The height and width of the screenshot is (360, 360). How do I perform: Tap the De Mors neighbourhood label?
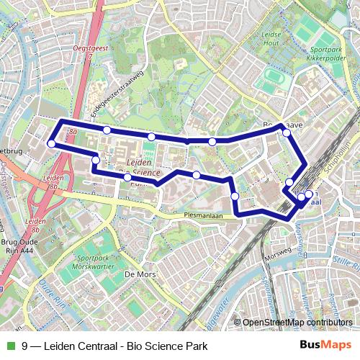(140, 274)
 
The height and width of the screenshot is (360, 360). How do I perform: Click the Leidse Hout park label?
(272, 40)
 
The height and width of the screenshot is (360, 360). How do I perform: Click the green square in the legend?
(9, 346)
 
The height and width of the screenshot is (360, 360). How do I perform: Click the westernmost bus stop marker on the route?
(51, 143)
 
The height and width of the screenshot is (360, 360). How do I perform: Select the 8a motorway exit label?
(73, 132)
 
